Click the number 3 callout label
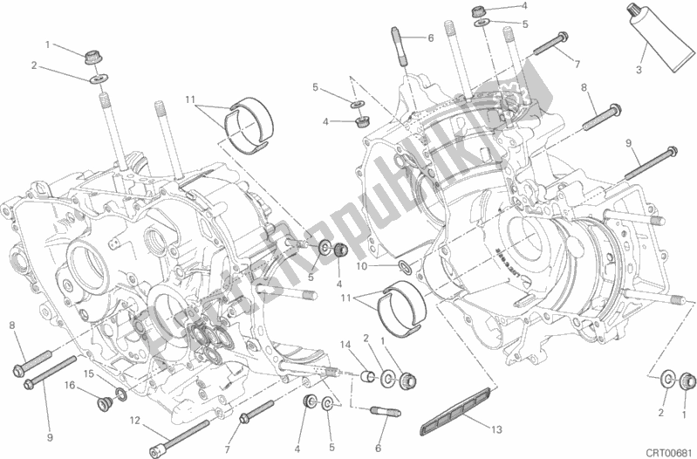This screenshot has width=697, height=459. pos(639,70)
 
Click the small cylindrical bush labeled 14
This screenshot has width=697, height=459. pos(369,377)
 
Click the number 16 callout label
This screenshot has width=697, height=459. pos(69,383)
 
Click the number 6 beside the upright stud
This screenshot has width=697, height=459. pos(430,37)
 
